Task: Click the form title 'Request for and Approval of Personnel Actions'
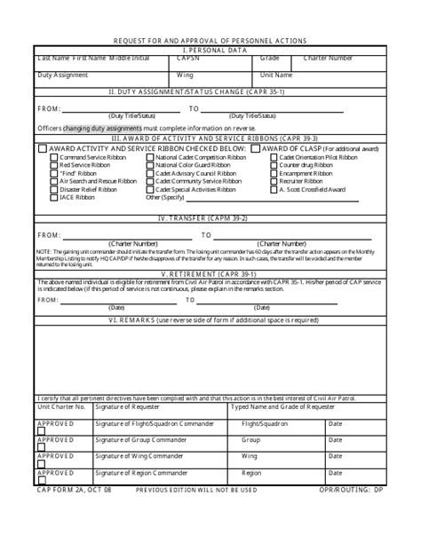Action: coord(210,41)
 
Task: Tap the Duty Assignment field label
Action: coord(63,75)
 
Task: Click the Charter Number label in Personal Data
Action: coord(328,59)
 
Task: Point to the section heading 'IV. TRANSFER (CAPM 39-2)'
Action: coord(210,217)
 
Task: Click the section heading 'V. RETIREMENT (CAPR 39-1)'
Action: coord(210,275)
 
